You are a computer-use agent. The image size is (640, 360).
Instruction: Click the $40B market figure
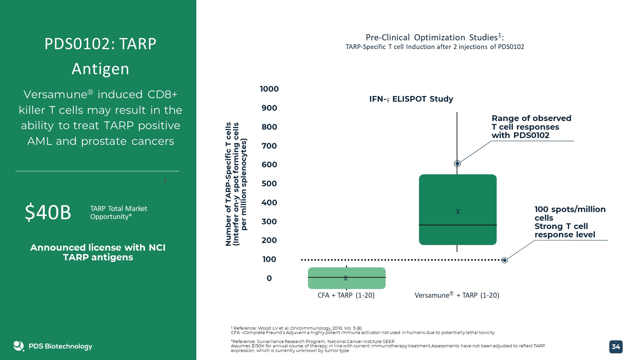coord(48,212)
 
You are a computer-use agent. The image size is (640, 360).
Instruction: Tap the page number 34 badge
coord(616,347)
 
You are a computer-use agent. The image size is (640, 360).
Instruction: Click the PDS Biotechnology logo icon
coord(19,346)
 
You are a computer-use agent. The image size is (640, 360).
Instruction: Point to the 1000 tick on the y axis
coord(269,89)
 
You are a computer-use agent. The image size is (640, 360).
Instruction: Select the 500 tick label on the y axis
coord(269,184)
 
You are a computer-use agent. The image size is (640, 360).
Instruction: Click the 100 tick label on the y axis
coord(269,259)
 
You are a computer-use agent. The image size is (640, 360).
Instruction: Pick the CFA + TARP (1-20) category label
coord(346,295)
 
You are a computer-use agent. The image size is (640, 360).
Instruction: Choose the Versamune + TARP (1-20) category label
coord(457,295)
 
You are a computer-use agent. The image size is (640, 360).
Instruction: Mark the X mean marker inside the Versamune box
coord(458,212)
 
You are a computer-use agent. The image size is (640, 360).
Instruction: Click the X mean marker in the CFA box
coord(346,278)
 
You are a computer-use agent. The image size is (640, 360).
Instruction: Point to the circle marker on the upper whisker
coord(457,164)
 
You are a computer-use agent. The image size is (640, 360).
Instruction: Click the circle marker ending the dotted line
coord(505,260)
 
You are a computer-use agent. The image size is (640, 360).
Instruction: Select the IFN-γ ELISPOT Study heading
coord(411,99)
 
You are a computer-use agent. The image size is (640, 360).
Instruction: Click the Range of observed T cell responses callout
coord(531,127)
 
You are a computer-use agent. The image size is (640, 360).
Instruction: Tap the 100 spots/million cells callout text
coord(570,222)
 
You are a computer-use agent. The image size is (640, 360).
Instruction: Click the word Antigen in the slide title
coord(100,69)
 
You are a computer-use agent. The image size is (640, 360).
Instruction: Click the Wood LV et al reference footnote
coord(296,328)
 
